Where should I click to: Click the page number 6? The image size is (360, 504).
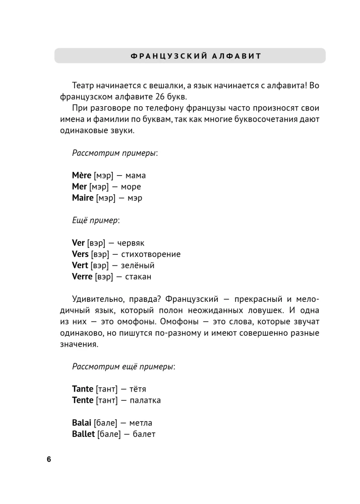pos(49,459)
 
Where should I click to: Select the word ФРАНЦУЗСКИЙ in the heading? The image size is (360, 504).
pos(160,55)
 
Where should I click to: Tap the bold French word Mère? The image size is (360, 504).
pos(82,175)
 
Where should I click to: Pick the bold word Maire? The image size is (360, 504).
pos(83,198)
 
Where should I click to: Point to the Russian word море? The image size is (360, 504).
pos(129,187)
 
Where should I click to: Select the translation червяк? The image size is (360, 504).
pos(130,243)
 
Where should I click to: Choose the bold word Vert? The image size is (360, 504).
pos(80,265)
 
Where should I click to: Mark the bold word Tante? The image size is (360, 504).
pos(83,389)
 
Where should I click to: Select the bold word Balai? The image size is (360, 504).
pos(82,422)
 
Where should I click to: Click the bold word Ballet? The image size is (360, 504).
pos(84,433)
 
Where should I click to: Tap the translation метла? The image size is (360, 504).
pos(140,423)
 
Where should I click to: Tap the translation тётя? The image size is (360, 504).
pos(137,389)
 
